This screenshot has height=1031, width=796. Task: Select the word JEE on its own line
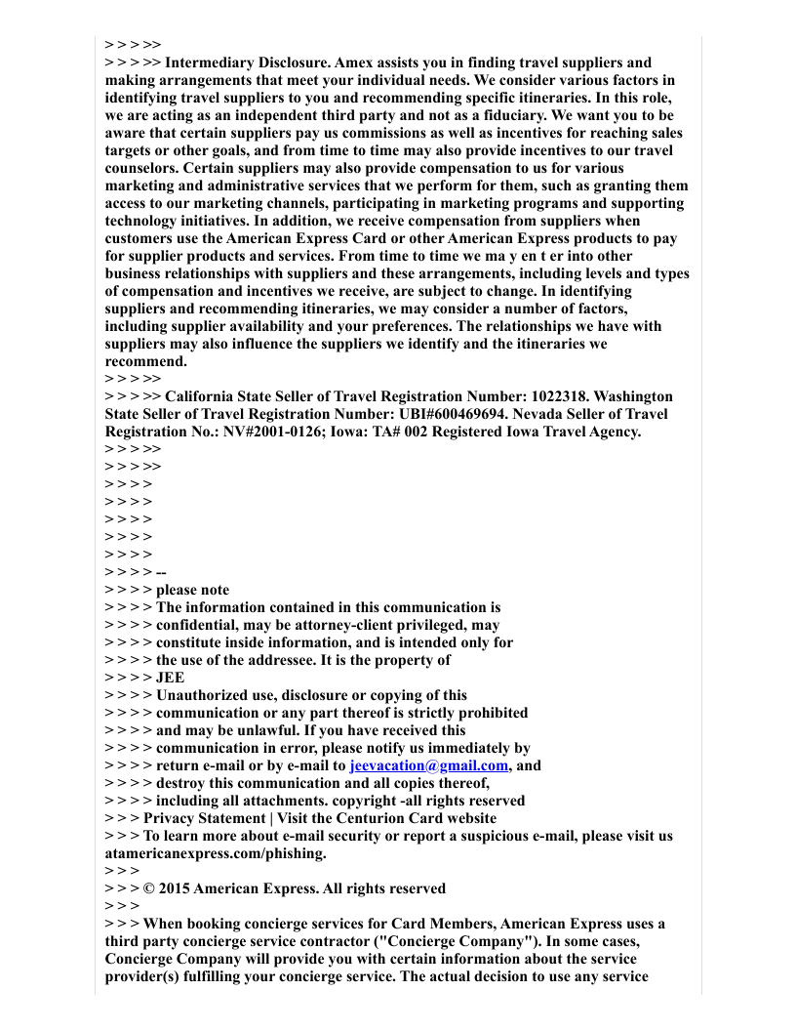click(x=170, y=678)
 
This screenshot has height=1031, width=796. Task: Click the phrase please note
click(x=193, y=590)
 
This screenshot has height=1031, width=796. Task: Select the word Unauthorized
click(x=203, y=695)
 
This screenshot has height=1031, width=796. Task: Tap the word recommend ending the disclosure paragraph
click(x=145, y=361)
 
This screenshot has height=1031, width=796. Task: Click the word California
click(x=200, y=396)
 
